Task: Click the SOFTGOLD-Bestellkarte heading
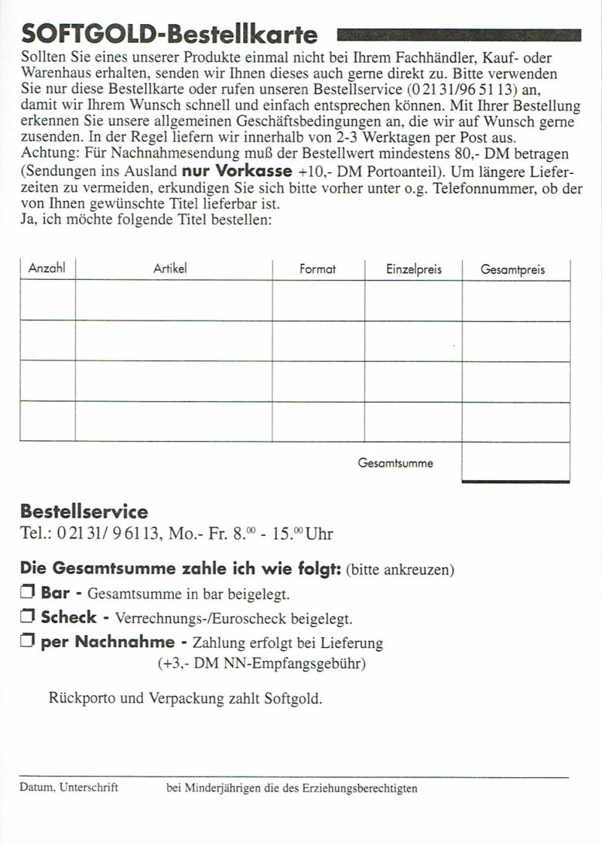(170, 35)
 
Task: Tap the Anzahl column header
(47, 269)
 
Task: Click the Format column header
(318, 269)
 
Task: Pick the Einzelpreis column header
(414, 269)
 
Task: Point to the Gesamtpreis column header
(513, 269)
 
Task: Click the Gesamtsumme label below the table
(395, 463)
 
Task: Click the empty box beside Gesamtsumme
(515, 461)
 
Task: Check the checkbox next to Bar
(28, 593)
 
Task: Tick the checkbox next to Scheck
(28, 618)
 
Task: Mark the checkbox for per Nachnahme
(28, 643)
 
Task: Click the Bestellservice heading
(84, 512)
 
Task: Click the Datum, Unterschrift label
(69, 788)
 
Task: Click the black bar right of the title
(459, 35)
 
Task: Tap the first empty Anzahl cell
(47, 300)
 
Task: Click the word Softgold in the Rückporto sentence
(293, 698)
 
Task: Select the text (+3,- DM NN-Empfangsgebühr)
(261, 664)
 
